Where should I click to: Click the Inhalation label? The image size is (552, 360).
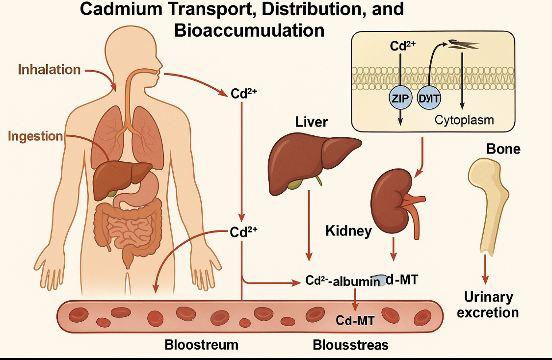coord(49,70)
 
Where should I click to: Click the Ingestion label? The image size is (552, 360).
coord(35,136)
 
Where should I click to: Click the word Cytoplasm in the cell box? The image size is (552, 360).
coord(464,120)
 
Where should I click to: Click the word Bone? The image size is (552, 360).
coord(503,149)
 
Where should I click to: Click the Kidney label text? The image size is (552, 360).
coord(348,231)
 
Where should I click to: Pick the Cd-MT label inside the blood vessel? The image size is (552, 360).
coord(355,321)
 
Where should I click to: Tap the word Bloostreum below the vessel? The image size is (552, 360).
coord(201,345)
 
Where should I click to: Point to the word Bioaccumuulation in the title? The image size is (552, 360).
coord(249,30)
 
